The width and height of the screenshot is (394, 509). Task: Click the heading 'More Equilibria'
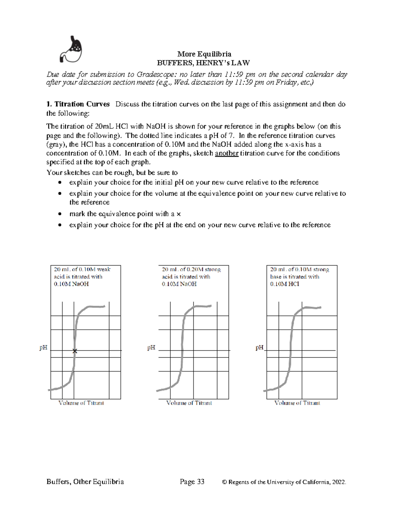point(204,54)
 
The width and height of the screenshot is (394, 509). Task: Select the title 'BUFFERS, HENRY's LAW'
point(203,63)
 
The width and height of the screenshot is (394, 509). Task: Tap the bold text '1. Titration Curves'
point(78,104)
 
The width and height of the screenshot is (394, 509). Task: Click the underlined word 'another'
point(226,153)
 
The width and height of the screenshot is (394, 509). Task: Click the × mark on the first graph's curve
point(75,351)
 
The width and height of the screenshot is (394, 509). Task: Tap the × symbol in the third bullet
point(179,214)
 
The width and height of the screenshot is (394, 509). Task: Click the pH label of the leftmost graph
point(43,347)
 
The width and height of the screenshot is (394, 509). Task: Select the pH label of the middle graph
point(151,347)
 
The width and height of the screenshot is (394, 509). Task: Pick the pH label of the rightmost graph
point(259,347)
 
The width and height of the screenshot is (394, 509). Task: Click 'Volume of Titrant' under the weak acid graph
point(81,403)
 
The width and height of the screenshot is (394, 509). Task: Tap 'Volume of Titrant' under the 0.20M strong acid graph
point(189,403)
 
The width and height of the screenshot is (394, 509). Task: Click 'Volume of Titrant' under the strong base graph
point(297,403)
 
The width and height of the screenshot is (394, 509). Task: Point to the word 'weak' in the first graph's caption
point(104,269)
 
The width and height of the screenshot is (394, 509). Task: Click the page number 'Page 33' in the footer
point(192,481)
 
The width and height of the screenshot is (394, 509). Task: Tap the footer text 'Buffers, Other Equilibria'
point(85,481)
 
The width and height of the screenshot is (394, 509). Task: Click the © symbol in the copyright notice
point(225,482)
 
